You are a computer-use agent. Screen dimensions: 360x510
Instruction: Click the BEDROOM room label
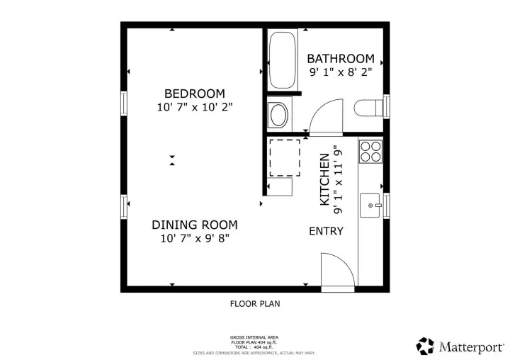coord(195,94)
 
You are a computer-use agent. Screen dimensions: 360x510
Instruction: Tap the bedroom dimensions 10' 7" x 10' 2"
coord(195,108)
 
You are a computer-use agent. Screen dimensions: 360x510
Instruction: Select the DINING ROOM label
coord(195,225)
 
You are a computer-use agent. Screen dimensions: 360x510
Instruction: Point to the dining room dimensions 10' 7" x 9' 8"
coord(195,239)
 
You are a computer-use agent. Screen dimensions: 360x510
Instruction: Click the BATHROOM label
coord(340,58)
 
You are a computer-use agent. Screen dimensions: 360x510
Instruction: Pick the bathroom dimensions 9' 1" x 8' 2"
coord(340,72)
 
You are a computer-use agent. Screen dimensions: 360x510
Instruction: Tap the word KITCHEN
coord(324,180)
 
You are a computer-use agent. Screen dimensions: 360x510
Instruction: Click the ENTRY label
coord(327,231)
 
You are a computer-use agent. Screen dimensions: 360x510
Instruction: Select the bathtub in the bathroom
coord(283,60)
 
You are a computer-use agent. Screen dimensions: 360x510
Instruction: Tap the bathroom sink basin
coord(279,114)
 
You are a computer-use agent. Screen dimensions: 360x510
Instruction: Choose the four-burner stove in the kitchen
coord(370,152)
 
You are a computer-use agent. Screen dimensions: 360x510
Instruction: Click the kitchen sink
coord(370,205)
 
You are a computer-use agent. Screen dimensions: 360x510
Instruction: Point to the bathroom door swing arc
coord(325,116)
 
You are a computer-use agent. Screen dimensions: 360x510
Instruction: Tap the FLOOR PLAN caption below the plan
coord(255,304)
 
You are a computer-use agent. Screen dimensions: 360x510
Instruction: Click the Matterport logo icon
coord(425,346)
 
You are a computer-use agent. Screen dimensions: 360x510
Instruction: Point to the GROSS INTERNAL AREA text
coord(255,337)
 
